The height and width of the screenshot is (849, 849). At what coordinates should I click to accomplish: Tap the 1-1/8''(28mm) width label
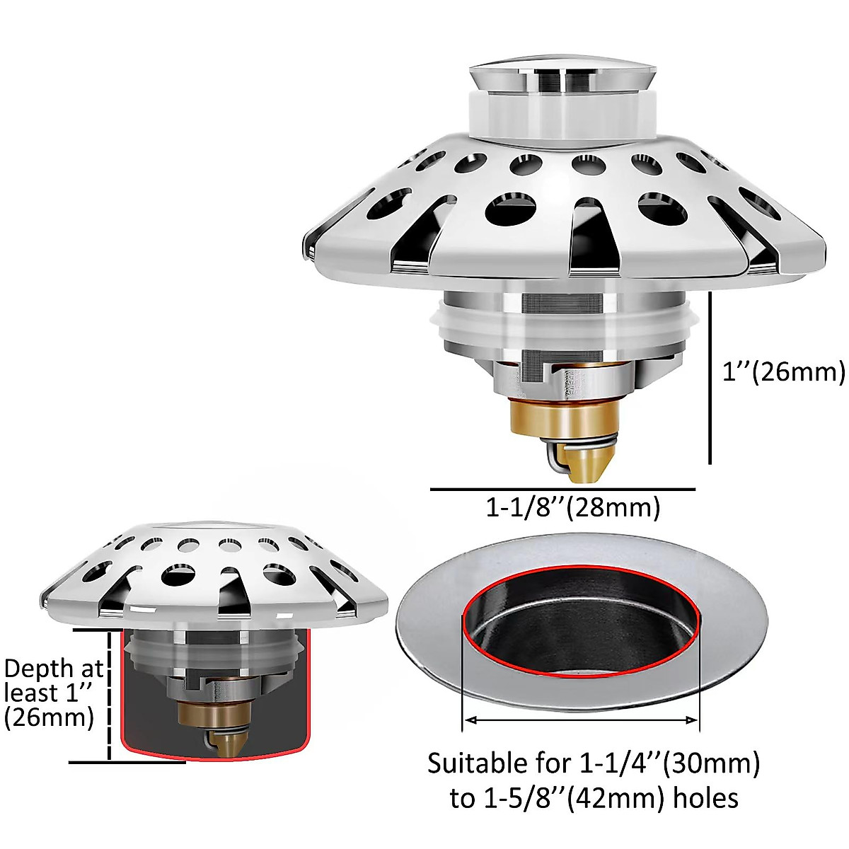point(572,507)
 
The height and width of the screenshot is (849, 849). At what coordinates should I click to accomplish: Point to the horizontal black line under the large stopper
point(562,489)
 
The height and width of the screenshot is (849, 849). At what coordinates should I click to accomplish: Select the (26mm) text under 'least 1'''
point(49,718)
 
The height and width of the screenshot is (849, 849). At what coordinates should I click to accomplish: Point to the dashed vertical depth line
point(110,693)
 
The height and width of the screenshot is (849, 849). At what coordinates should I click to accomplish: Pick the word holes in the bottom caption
point(705,798)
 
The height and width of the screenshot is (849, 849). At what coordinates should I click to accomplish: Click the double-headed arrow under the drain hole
point(580,720)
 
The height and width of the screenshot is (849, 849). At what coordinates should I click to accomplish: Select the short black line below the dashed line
point(127,762)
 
